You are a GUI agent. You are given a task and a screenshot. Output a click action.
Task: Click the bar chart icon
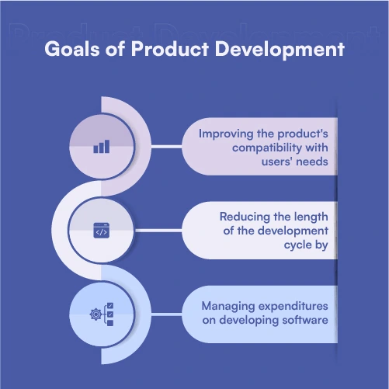[101, 146]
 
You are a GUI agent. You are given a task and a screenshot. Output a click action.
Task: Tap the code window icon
[101, 231]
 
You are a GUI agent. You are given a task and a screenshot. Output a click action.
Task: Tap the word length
[312, 218]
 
